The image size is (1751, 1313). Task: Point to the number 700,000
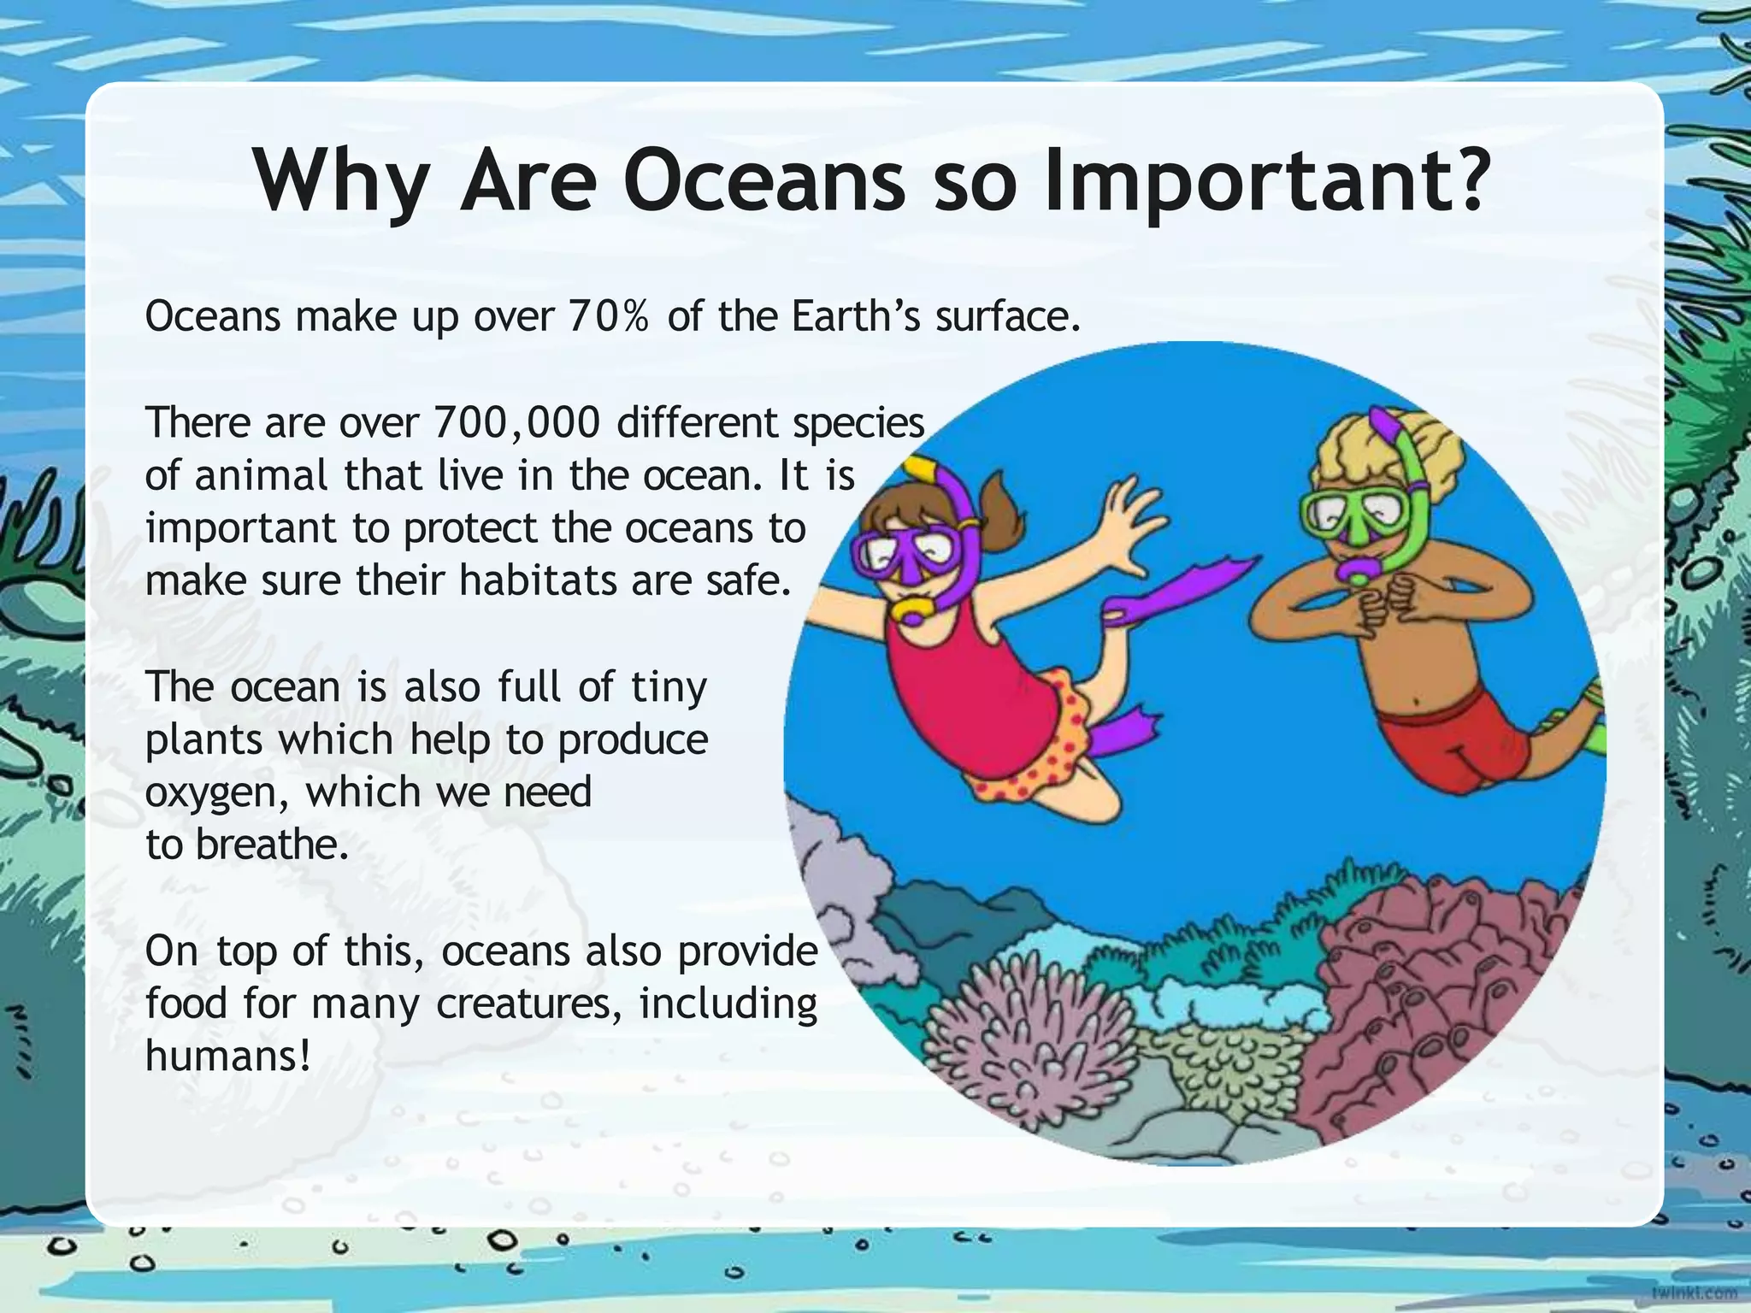pos(516,422)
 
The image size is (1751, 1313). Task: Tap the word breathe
pos(272,845)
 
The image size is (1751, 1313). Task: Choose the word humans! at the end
pos(227,1056)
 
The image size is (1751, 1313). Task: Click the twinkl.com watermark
pos(1694,1292)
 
